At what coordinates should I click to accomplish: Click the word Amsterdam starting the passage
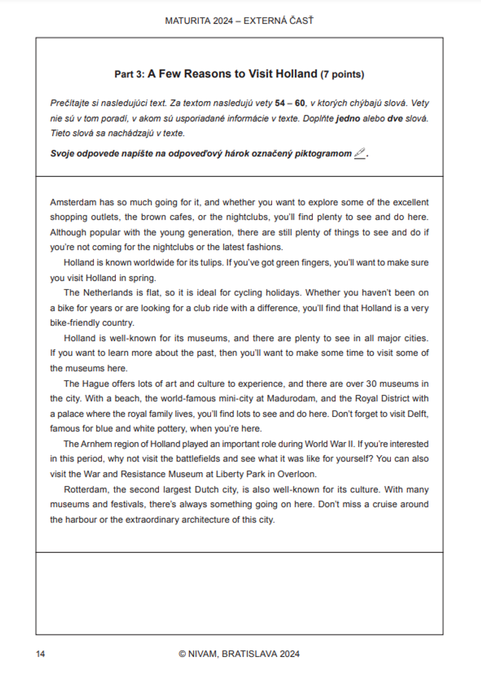[x=73, y=202]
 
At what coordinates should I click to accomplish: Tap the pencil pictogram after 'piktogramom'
[x=360, y=153]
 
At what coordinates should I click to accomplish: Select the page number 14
[x=40, y=654]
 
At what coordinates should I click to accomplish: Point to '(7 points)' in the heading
[x=342, y=75]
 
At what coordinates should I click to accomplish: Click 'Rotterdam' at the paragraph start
[x=86, y=490]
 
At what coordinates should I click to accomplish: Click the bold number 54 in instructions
[x=280, y=103]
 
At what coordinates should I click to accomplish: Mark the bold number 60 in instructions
[x=300, y=103]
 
